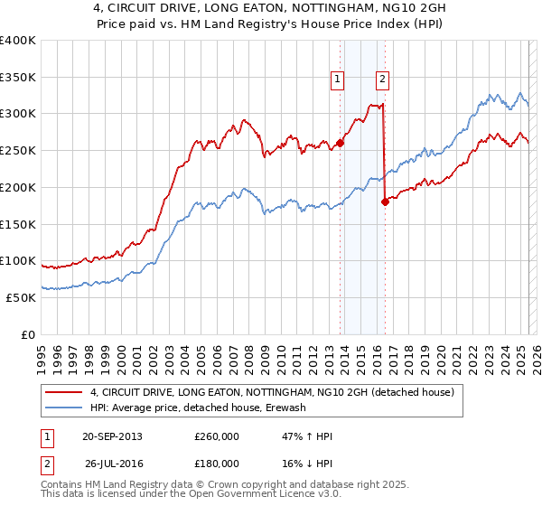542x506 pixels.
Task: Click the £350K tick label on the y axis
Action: click(x=17, y=78)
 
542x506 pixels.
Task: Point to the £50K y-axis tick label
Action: click(x=20, y=297)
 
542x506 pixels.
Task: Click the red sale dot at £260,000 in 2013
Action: click(x=341, y=142)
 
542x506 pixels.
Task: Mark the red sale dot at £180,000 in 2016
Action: click(x=386, y=201)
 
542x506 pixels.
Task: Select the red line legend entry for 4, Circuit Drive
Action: click(x=276, y=392)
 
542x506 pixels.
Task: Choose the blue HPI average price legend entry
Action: click(x=198, y=408)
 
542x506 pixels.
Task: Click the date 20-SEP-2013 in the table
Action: click(x=112, y=436)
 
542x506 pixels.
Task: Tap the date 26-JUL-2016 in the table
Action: click(x=114, y=464)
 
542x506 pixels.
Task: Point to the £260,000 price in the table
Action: click(x=217, y=436)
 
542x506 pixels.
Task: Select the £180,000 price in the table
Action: click(x=217, y=464)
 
